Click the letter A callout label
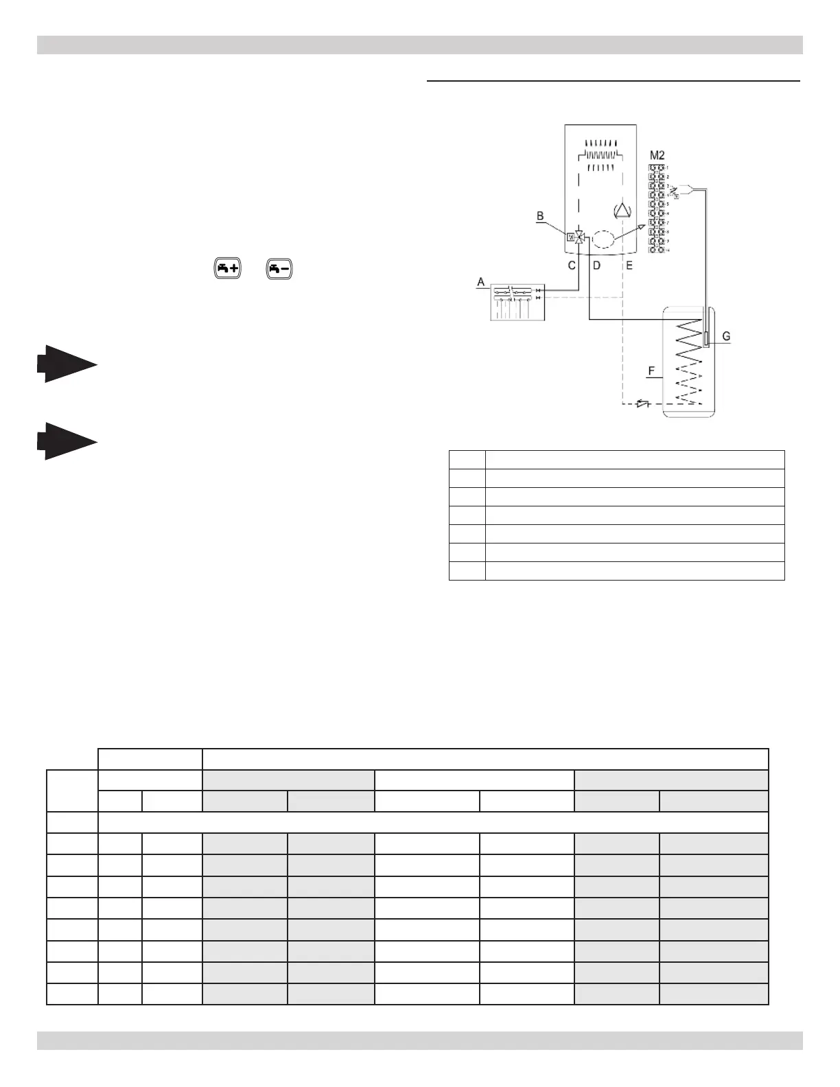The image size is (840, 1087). [481, 282]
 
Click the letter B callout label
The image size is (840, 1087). [540, 216]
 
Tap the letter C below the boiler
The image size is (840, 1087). [572, 266]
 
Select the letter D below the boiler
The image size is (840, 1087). [596, 266]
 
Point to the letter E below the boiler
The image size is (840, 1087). [629, 266]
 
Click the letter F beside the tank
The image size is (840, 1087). [652, 372]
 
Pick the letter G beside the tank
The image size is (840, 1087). [726, 337]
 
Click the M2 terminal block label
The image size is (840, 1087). [657, 156]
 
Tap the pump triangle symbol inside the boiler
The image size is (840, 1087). [622, 210]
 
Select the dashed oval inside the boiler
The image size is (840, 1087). [603, 239]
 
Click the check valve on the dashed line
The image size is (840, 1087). [642, 404]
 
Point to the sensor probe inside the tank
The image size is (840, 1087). [706, 338]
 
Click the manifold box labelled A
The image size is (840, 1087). [517, 302]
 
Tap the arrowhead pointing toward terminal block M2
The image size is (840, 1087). [641, 226]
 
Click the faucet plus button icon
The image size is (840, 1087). [227, 269]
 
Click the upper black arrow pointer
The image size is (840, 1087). [67, 364]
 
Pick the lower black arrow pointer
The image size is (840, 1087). [67, 441]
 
